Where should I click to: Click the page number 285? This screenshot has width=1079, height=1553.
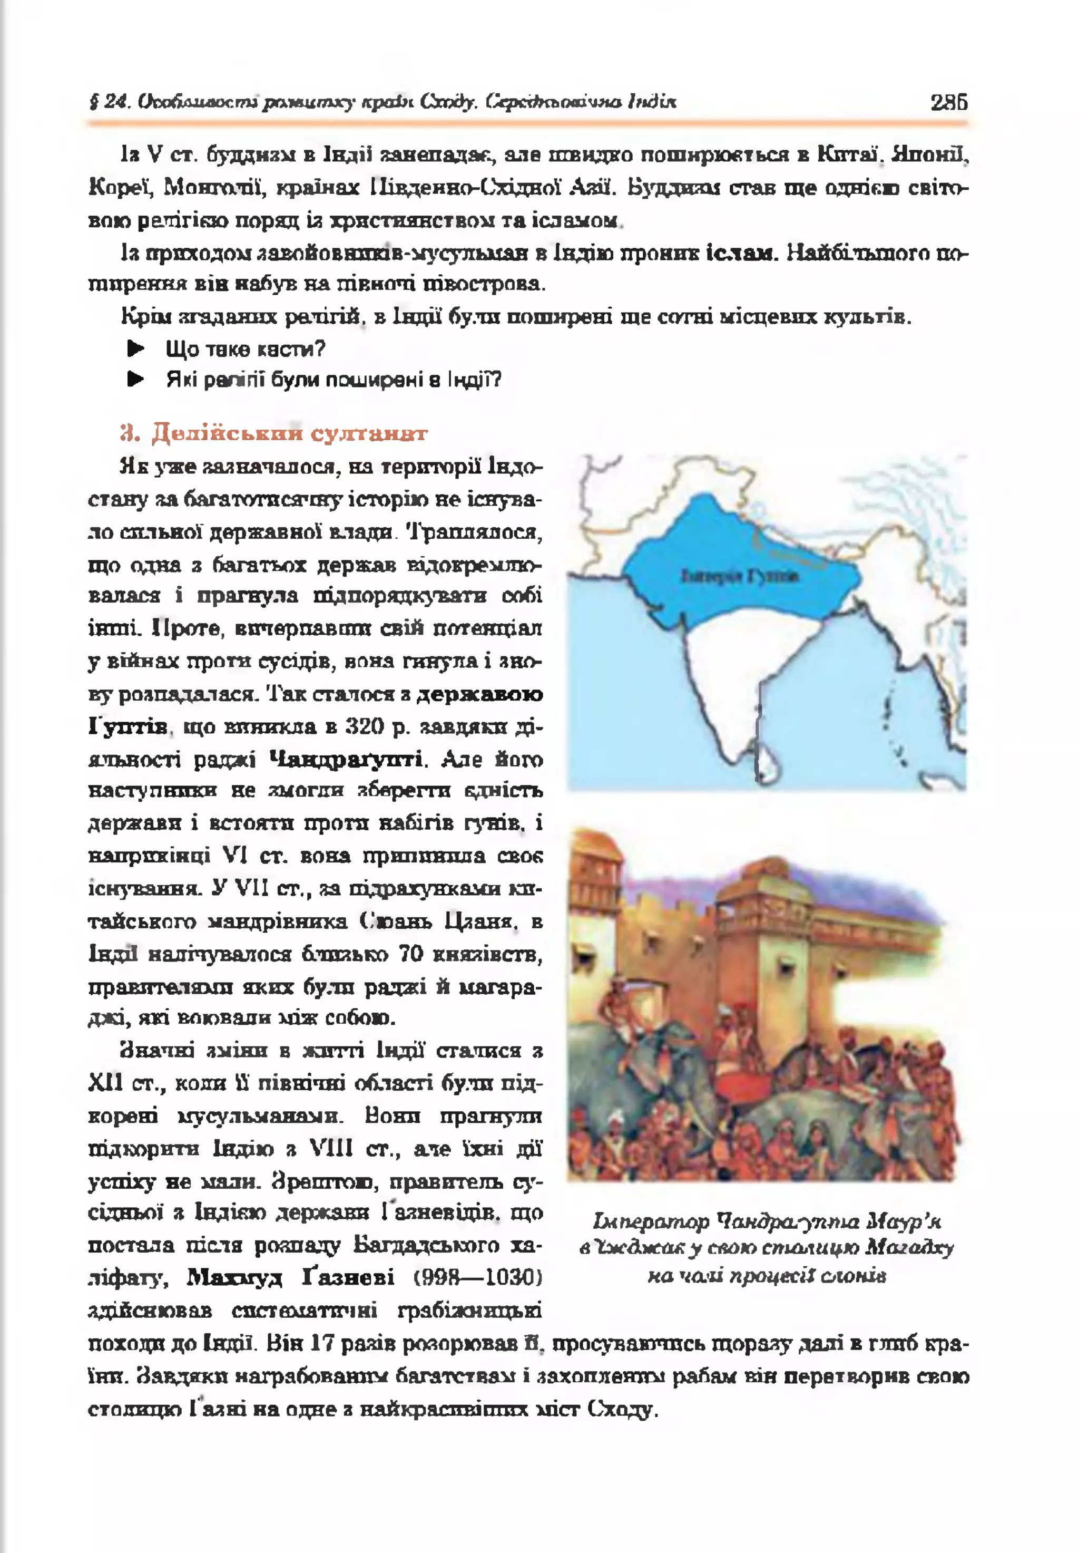[948, 101]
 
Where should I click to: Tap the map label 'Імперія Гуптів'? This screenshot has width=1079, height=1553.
[740, 576]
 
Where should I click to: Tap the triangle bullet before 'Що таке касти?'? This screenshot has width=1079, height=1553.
[136, 349]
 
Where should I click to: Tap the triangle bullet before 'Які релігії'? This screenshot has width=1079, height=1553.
[136, 380]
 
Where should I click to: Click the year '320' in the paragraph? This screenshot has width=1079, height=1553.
[366, 726]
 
